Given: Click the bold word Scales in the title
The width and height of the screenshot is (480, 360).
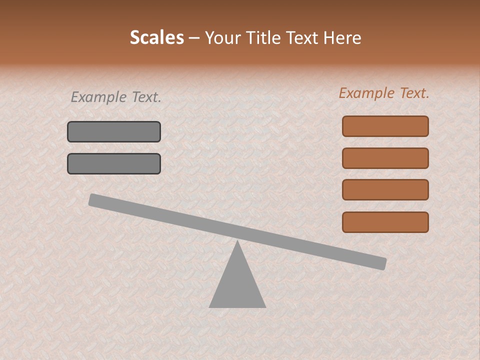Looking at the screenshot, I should [x=157, y=38].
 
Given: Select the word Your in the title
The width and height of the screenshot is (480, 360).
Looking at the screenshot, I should [x=221, y=38].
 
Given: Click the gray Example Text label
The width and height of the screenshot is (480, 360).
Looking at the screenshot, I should [x=116, y=97].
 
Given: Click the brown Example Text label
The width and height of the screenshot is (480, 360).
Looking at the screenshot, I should [x=384, y=93].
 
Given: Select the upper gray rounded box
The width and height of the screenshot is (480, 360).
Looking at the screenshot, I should [x=114, y=131].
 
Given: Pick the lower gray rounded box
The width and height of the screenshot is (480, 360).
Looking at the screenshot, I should [x=114, y=163].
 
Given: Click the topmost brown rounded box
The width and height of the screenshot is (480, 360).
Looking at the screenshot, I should [x=385, y=126].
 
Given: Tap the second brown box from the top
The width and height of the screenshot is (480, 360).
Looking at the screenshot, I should [x=385, y=158].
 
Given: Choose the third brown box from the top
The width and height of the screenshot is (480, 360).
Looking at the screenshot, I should [x=385, y=190].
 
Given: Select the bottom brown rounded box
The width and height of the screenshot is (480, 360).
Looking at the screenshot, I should [x=385, y=222].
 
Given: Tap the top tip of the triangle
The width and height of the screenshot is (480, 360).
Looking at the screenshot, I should [x=237, y=242].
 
